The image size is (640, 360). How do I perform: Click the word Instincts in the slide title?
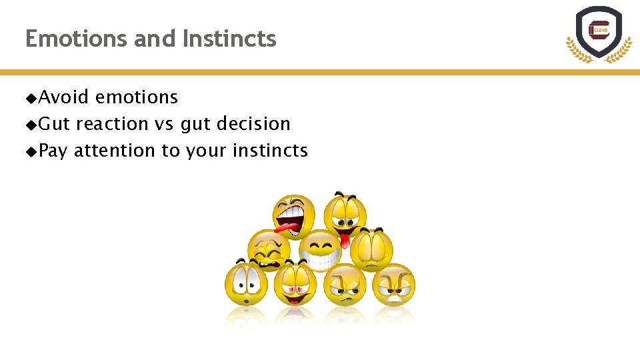point(229,39)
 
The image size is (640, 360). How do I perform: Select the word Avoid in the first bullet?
point(63,97)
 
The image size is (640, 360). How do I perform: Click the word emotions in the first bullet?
point(137,97)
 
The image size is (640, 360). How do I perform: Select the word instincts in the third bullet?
point(270,151)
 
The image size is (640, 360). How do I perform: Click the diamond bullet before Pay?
point(31,151)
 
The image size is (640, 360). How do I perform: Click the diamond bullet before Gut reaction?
point(31,125)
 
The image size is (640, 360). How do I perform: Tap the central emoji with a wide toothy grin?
point(319,250)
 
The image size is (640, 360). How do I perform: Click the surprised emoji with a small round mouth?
point(246,286)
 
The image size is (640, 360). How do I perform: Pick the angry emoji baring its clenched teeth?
point(394,285)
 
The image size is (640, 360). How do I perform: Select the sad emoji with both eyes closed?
point(371,247)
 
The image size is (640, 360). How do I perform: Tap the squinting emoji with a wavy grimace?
point(269,249)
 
